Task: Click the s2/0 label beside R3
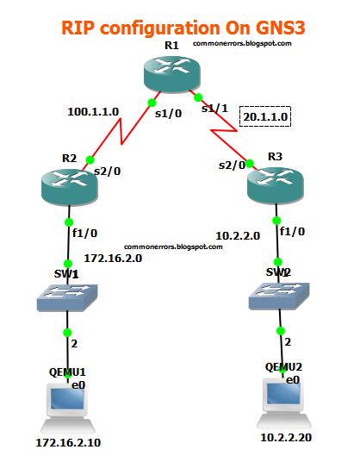(230, 164)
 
